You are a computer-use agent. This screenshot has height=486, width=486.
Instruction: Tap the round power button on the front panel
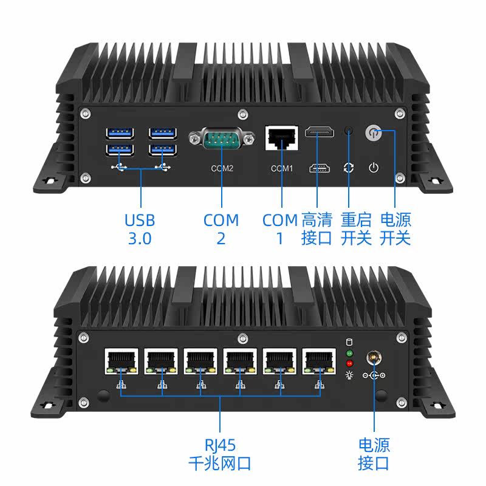click(372, 132)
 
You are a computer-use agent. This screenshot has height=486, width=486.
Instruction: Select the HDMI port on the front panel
click(318, 132)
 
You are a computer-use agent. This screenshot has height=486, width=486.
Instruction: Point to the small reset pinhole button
click(349, 130)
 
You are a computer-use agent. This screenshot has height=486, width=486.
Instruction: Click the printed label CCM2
click(221, 168)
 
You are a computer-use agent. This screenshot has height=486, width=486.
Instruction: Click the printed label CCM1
click(282, 168)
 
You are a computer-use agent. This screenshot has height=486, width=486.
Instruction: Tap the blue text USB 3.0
click(140, 228)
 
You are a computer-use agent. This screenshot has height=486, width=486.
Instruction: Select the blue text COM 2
click(221, 228)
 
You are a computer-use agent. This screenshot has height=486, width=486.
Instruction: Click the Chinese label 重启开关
click(356, 228)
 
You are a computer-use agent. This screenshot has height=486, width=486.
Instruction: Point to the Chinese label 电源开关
click(395, 228)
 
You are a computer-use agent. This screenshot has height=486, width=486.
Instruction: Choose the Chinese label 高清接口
click(317, 228)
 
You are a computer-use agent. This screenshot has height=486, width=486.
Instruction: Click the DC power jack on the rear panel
click(373, 359)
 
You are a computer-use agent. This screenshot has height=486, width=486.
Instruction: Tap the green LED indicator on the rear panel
click(349, 353)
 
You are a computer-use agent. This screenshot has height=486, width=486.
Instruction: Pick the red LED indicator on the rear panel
click(349, 363)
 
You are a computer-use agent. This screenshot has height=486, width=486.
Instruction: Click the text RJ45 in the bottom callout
click(220, 445)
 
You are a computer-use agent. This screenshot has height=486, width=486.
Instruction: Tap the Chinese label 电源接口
click(374, 454)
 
